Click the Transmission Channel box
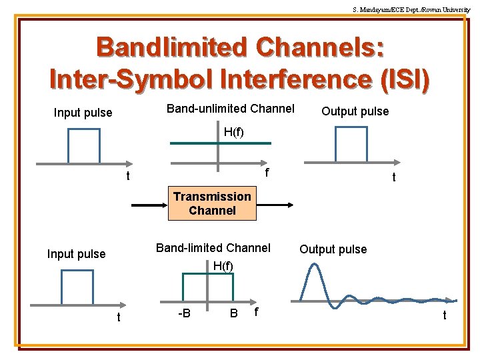point(212,203)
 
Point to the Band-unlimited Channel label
point(230,109)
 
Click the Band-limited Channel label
point(213,248)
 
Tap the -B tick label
point(184,313)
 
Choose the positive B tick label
point(234,313)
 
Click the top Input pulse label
point(83,113)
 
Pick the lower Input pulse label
point(76,254)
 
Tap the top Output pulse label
point(355,111)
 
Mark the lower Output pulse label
point(333,249)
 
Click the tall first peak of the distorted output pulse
point(311,267)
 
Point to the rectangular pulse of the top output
point(351,144)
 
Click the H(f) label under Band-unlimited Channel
point(233,132)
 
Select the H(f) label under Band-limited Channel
point(223,266)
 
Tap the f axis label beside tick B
point(257,311)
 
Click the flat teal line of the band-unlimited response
point(220,143)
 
